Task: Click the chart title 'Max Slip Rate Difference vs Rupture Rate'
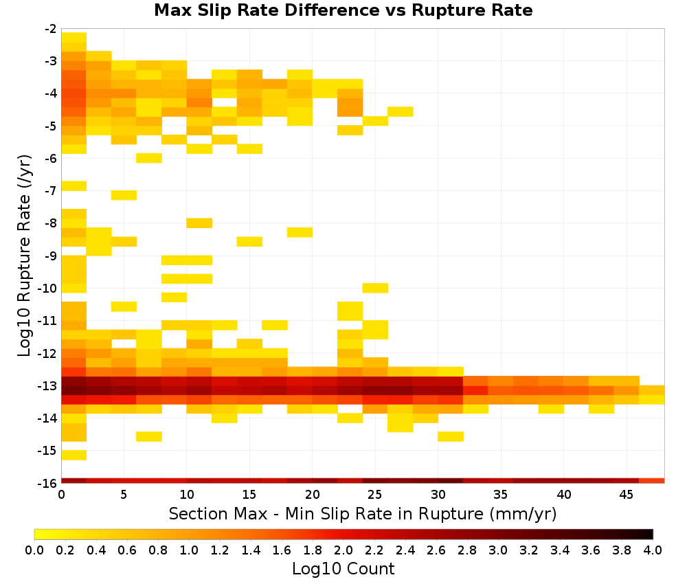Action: tap(343, 10)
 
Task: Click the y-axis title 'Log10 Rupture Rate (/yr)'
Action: tap(24, 256)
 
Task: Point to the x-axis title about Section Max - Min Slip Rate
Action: tap(362, 513)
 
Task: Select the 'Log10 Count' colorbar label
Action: tap(343, 569)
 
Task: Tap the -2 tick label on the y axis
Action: tap(51, 29)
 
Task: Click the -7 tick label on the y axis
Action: tap(51, 191)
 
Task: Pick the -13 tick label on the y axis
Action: tap(48, 386)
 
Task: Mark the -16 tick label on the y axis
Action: tap(48, 483)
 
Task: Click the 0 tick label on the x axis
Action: tap(61, 495)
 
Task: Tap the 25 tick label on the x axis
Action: tap(375, 495)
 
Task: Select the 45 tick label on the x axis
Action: tap(626, 495)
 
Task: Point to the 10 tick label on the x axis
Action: tap(187, 495)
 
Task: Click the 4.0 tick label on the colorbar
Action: tap(653, 550)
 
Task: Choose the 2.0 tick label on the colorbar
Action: tap(343, 550)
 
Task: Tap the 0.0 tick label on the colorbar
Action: tap(34, 550)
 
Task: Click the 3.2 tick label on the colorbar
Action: tap(529, 550)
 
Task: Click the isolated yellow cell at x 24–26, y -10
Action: tap(375, 288)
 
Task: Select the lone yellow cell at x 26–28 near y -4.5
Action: tap(401, 112)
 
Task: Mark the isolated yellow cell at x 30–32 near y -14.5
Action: tap(451, 436)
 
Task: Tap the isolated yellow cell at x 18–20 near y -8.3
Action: tap(300, 232)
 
